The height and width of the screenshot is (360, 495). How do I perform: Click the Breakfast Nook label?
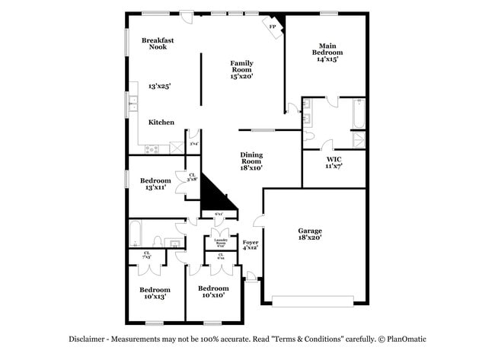click(x=158, y=43)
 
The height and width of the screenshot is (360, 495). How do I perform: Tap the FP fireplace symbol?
click(x=273, y=26)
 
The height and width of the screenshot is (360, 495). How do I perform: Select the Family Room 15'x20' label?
click(x=241, y=69)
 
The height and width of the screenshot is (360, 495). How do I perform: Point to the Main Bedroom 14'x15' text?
click(x=327, y=52)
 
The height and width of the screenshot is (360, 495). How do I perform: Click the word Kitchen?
click(x=161, y=122)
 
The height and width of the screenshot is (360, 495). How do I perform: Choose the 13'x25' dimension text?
click(x=159, y=86)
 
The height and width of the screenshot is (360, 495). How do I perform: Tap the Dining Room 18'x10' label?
click(x=251, y=161)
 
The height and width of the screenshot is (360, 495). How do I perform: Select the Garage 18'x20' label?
click(x=310, y=234)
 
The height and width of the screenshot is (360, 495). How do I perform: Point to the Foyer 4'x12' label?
click(x=251, y=245)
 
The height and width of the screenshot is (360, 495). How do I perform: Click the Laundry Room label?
click(x=220, y=242)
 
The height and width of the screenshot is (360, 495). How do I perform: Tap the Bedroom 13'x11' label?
click(x=155, y=183)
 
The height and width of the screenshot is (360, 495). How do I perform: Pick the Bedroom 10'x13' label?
click(x=154, y=293)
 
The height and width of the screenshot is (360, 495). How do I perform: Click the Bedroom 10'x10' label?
click(x=213, y=292)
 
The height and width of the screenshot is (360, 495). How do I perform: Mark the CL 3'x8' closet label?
click(x=193, y=177)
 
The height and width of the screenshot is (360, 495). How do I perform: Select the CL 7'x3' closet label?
click(x=147, y=255)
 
